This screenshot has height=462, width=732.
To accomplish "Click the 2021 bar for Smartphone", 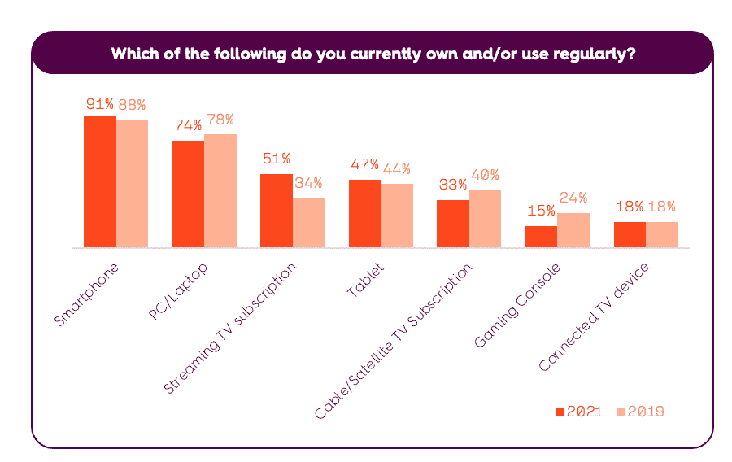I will tap(100, 181).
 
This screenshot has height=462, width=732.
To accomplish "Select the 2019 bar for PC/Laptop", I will tap(220, 191).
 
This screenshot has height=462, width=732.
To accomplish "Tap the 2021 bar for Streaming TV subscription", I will tap(276, 211).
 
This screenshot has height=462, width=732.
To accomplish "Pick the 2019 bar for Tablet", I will tap(396, 216).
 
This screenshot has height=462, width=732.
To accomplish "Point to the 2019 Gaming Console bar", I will tap(573, 230).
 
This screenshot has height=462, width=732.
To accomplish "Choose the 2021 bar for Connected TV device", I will tap(630, 234).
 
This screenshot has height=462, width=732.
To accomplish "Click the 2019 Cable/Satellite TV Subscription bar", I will tap(485, 218).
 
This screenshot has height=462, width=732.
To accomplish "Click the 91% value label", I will tap(99, 104).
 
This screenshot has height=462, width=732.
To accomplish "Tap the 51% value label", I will tap(276, 158).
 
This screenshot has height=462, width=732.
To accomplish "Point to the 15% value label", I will tap(540, 210).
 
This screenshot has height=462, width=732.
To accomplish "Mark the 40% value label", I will tap(485, 175).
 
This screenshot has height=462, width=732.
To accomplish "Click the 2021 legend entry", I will tap(578, 412).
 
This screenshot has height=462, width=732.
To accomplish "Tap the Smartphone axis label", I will tap(87, 294).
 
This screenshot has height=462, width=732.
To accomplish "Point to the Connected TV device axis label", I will tap(594, 317).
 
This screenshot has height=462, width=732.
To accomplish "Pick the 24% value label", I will tap(573, 197).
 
